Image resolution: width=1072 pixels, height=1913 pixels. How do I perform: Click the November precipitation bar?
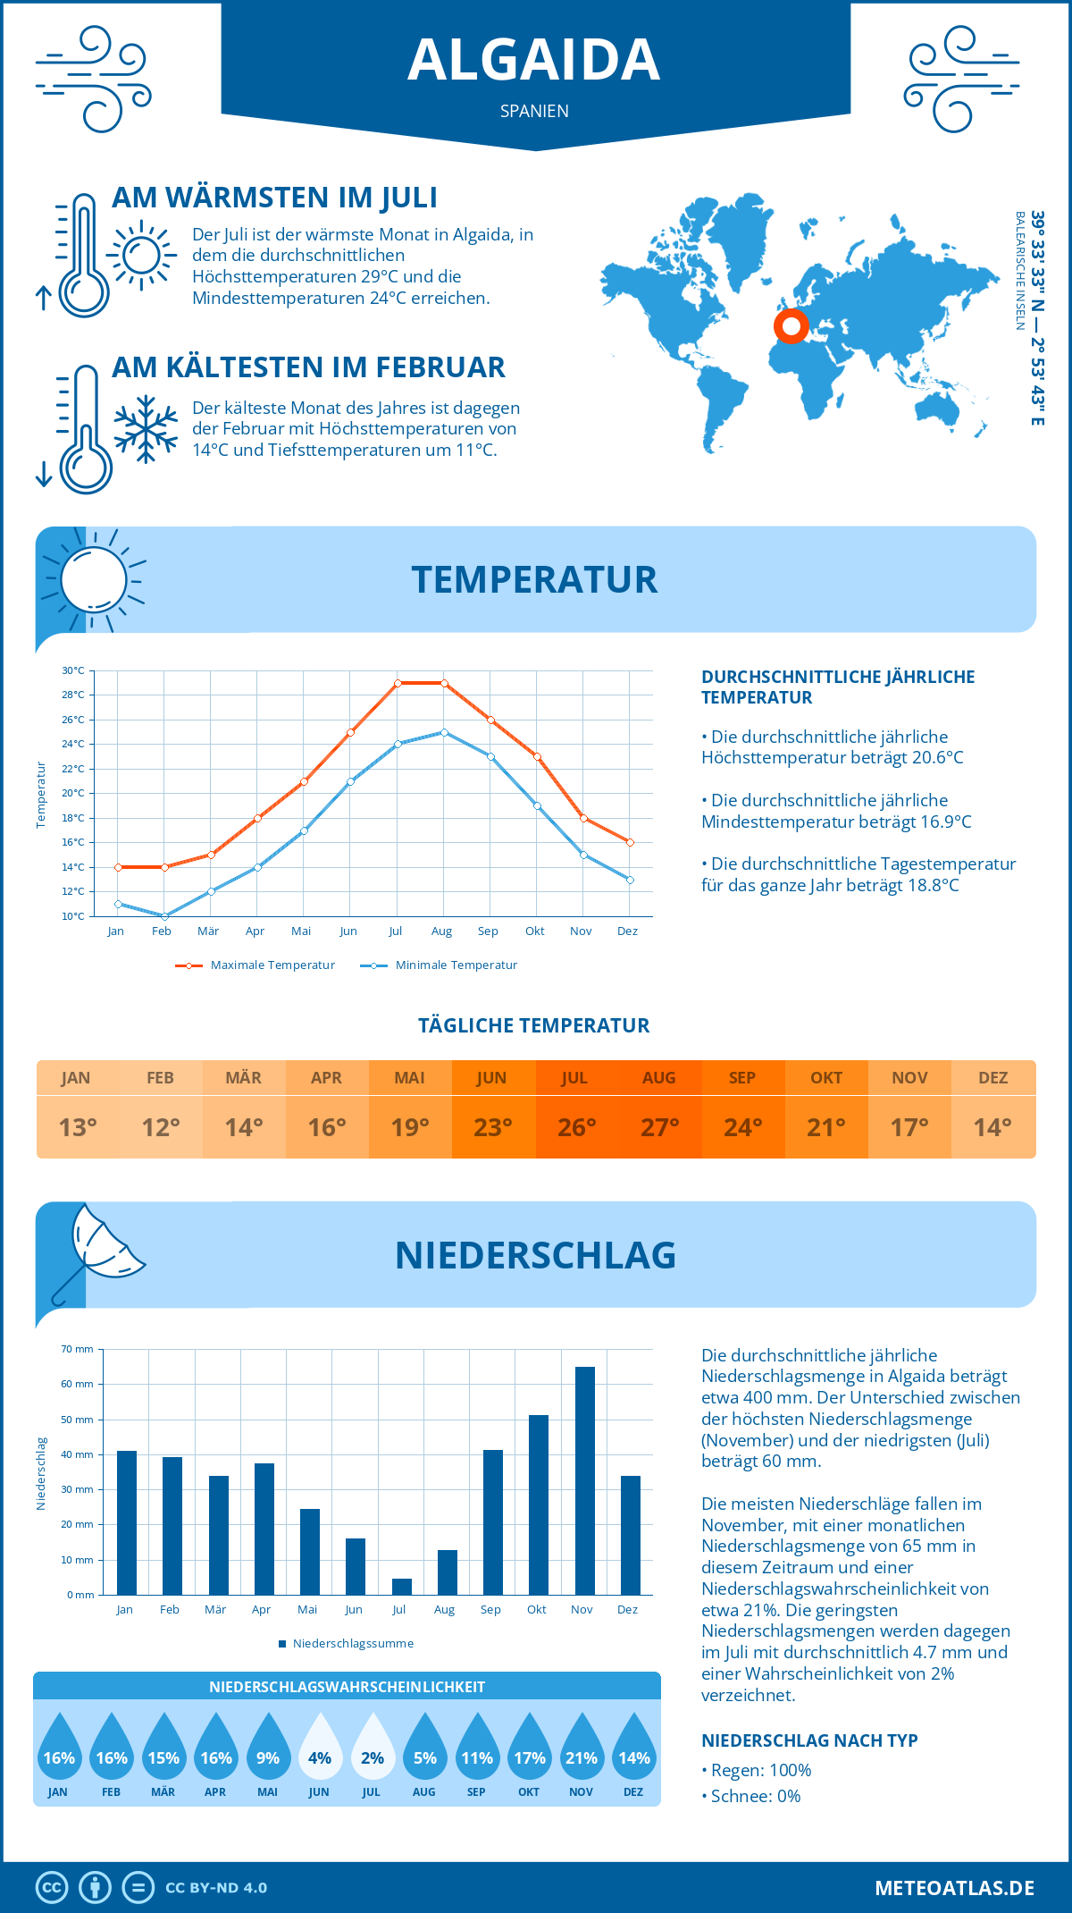pos(584,1480)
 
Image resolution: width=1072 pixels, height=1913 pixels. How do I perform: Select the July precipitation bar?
pos(402,1587)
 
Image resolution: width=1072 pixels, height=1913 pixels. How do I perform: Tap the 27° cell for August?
pos(659,1127)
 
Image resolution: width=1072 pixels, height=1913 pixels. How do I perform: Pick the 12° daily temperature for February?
pos(161,1127)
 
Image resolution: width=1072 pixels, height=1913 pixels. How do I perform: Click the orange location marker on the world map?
pos(791,326)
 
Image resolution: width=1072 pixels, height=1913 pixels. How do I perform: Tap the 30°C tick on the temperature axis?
pos(73,670)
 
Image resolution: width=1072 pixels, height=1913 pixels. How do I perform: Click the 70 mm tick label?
pos(77,1349)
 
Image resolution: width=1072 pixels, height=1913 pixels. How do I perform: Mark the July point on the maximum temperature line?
pos(398,683)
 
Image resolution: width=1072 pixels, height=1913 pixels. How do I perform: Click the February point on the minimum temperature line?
pos(164,916)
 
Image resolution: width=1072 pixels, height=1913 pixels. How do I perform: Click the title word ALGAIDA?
pos(534,60)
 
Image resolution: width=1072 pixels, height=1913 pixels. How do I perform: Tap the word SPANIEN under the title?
pos(534,111)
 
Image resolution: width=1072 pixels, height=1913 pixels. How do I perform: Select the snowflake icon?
pos(146,429)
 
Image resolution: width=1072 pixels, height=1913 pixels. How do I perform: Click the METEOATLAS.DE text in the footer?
pos(954,1888)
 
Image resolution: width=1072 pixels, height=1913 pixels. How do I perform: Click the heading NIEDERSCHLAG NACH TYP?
pos(809,1740)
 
